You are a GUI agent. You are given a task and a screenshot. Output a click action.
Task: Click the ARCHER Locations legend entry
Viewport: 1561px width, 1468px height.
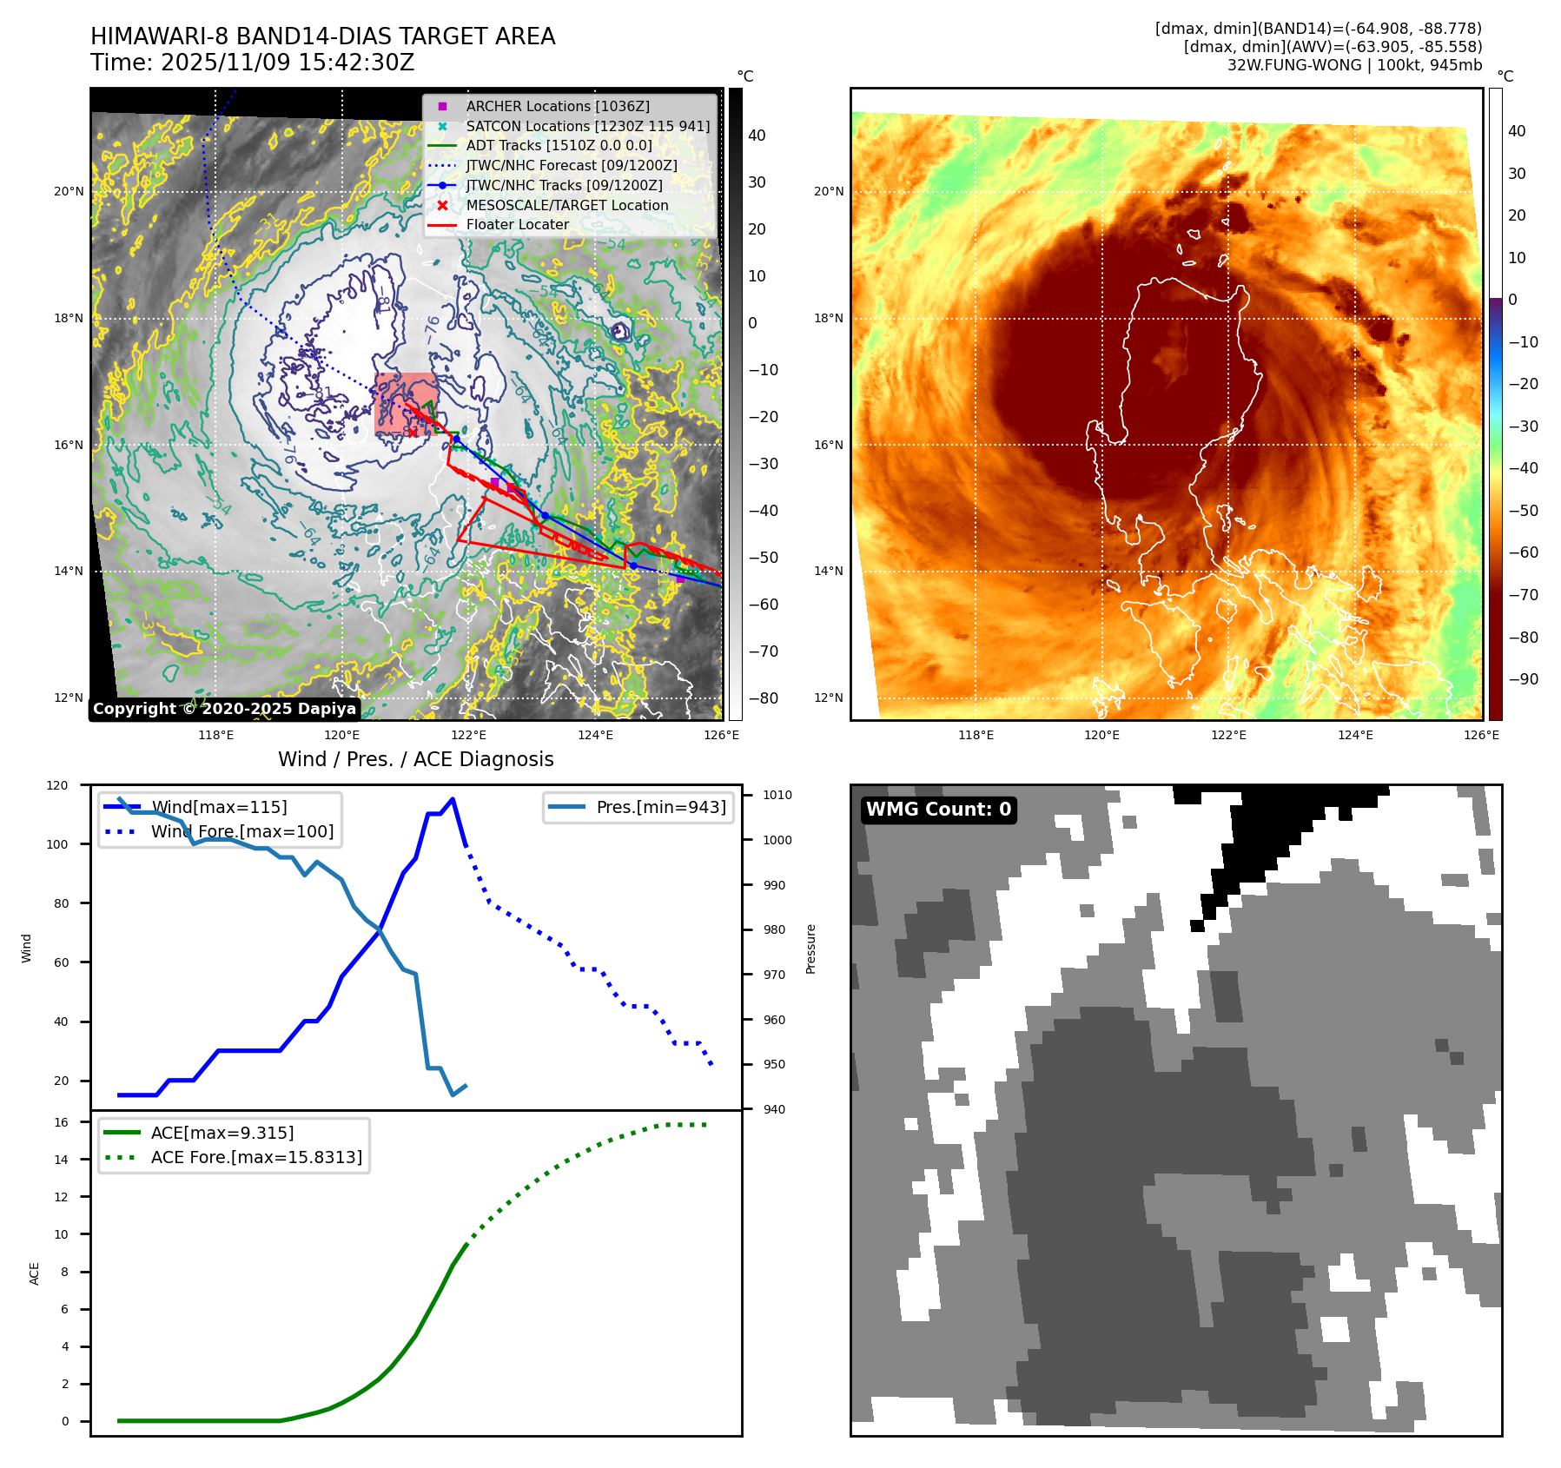[557, 106]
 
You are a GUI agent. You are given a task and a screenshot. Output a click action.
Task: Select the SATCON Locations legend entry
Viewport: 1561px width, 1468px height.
[587, 126]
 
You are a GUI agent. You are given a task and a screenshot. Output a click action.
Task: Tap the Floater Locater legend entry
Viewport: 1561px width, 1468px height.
[517, 224]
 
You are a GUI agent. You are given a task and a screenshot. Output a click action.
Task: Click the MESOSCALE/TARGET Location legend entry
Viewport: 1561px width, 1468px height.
[566, 205]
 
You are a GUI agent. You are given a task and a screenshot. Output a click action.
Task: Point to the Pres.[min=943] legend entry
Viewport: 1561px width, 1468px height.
[660, 807]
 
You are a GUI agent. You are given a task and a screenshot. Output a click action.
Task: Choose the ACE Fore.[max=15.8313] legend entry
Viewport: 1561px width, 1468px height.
[256, 1157]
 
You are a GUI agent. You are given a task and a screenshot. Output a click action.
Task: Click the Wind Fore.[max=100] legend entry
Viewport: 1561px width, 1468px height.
[241, 831]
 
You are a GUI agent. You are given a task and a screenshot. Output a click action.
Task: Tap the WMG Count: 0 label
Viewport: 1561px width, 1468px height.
[938, 810]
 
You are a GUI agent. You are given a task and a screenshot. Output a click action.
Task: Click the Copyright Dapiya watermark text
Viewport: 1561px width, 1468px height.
[224, 709]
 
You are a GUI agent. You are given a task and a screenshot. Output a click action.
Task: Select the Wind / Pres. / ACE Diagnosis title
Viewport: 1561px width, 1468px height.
[415, 759]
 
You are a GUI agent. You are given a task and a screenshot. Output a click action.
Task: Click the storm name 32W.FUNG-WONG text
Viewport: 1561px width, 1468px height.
[1293, 65]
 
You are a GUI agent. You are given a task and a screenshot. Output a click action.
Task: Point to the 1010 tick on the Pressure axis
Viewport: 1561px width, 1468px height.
[777, 795]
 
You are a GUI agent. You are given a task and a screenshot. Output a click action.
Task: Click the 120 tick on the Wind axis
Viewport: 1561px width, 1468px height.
[57, 785]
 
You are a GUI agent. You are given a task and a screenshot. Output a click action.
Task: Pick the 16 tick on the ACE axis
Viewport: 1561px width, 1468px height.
[61, 1122]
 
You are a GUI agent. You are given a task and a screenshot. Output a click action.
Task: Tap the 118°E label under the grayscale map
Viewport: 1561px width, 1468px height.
[215, 735]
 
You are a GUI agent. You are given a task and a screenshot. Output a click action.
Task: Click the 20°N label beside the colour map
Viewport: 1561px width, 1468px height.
[829, 191]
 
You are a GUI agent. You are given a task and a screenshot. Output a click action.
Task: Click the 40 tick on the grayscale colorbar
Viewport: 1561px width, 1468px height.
[757, 136]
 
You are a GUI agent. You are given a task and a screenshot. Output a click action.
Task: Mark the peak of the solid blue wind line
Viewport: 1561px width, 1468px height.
[453, 799]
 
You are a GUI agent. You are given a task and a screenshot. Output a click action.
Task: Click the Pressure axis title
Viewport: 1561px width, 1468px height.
[810, 949]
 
